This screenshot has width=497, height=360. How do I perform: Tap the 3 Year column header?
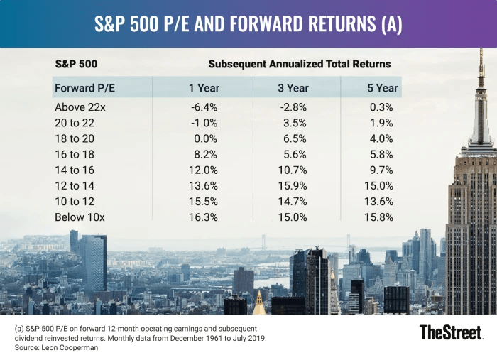tap(293, 89)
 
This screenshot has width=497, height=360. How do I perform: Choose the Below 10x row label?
tap(79, 217)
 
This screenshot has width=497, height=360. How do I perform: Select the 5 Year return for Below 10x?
tap(378, 217)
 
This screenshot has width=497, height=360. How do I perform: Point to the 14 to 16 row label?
tap(75, 170)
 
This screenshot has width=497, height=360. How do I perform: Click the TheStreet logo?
tap(450, 332)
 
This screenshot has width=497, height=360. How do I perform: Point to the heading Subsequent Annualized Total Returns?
tap(299, 65)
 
